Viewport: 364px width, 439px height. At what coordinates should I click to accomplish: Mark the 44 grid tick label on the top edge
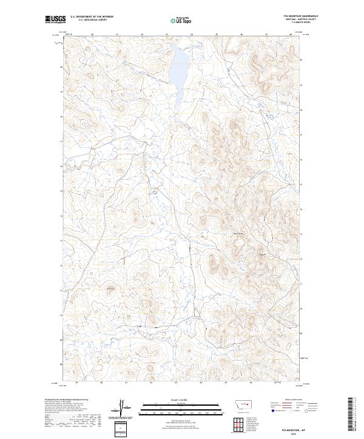tap(192, 35)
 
